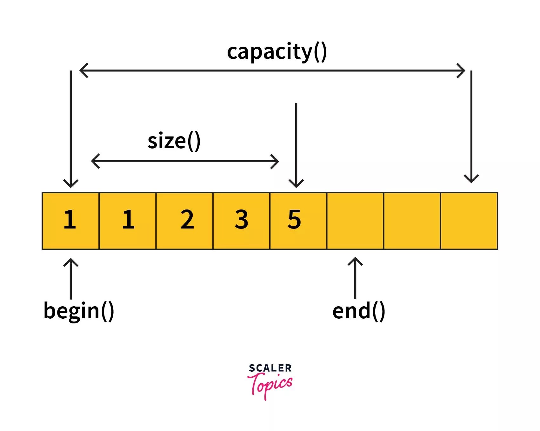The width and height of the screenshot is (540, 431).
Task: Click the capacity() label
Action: coord(277,52)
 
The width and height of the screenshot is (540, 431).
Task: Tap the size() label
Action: coord(174,141)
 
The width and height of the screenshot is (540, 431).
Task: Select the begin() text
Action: coord(79,311)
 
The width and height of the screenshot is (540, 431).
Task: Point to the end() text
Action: coord(358,311)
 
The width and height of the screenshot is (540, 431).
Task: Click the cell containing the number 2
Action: coord(184,221)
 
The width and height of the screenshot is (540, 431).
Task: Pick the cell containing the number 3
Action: coord(241,221)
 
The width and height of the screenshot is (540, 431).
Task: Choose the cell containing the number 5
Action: coord(298,221)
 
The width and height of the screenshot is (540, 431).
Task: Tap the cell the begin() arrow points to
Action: coord(70,221)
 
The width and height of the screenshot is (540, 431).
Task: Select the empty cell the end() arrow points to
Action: coord(355,221)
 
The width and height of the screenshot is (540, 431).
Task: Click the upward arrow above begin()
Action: coord(70,278)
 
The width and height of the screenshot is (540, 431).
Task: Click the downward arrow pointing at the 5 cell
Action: coord(296,146)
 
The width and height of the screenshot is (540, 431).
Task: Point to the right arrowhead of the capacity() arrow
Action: coord(461,70)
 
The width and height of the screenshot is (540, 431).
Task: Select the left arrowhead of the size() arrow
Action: coord(95,161)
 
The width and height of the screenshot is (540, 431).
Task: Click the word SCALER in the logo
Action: coord(270,368)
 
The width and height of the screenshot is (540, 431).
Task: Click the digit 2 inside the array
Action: coord(187,219)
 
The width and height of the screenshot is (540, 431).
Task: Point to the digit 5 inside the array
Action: coord(294,219)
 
